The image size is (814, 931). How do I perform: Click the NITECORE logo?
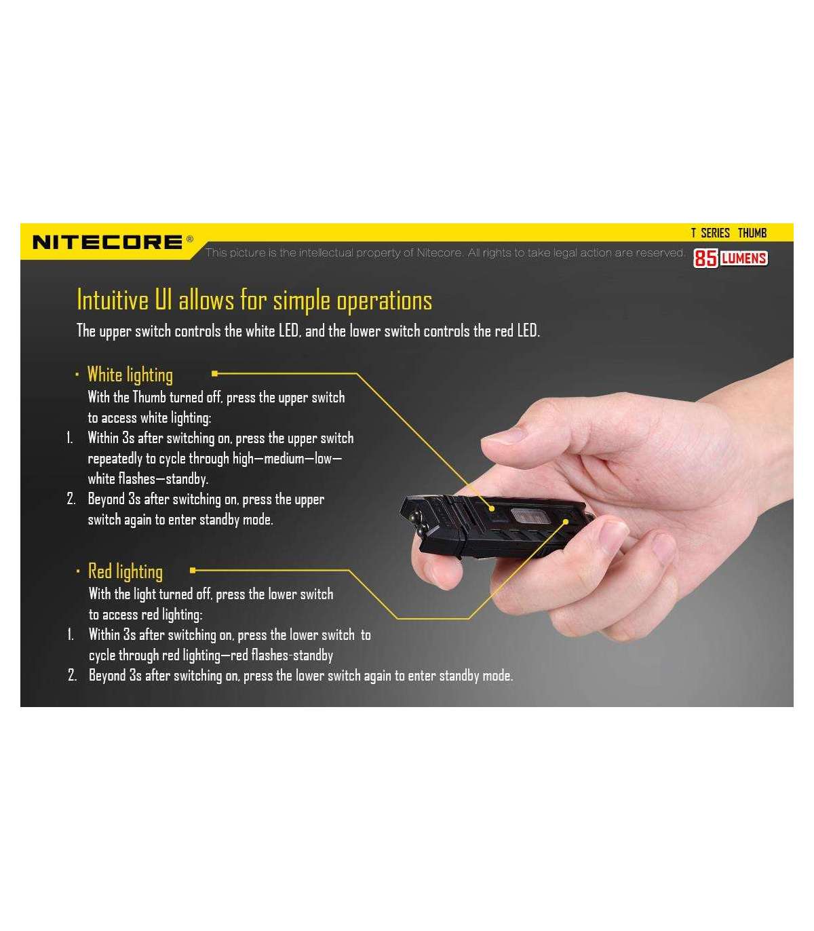(x=107, y=242)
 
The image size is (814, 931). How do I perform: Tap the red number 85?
(x=705, y=258)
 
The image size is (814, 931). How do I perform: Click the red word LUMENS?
(x=743, y=259)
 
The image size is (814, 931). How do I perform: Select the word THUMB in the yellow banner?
(x=752, y=233)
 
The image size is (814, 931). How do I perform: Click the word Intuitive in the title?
(x=113, y=300)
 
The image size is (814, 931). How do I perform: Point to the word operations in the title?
(x=384, y=301)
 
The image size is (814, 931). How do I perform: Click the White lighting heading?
(x=130, y=375)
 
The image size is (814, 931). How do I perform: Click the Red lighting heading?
(x=125, y=571)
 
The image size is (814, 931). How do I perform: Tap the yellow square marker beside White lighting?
(x=214, y=374)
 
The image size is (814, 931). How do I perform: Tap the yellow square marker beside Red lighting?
(x=193, y=570)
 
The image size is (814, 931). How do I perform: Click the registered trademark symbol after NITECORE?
(x=190, y=239)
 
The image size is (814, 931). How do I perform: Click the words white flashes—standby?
(x=148, y=478)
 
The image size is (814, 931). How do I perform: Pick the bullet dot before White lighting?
(x=77, y=375)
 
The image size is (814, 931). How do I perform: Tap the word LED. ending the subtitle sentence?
(x=528, y=331)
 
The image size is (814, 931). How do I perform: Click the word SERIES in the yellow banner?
(x=716, y=233)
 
